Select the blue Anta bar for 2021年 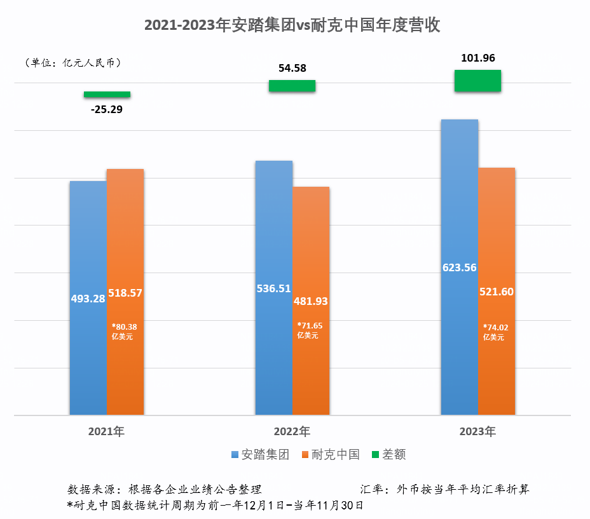point(88,241)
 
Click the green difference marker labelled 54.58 point(292,86)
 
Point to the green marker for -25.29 point(107,95)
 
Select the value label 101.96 point(477,58)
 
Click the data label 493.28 point(88,298)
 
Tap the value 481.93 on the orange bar point(311,302)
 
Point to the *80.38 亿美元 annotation point(124,332)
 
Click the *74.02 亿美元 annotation point(495,332)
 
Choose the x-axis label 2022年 point(292,432)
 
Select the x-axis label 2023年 point(477,432)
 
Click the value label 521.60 point(496,292)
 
